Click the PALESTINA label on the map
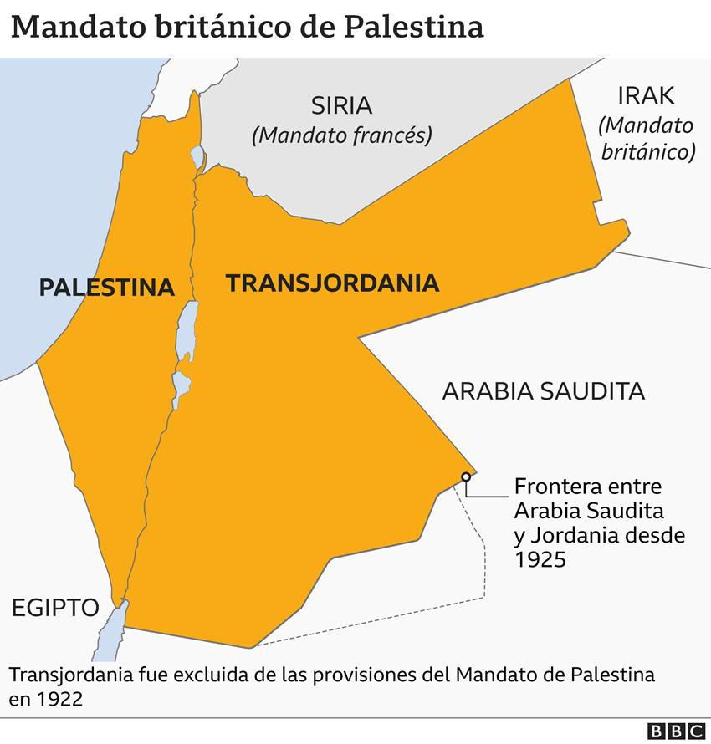pos(107,288)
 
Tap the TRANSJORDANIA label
pos(332,283)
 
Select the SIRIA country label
pos(341,106)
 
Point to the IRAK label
pos(645,95)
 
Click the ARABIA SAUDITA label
pos(543,390)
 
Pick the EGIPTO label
pos(55,607)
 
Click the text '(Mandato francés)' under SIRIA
pos(341,135)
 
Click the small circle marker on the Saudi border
pos(465,477)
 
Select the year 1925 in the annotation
pos(541,559)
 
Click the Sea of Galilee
pos(197,156)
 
